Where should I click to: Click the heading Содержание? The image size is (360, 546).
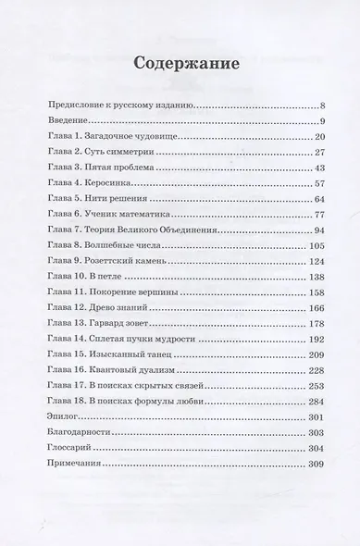180,66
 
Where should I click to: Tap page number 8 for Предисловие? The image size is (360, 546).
320,106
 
